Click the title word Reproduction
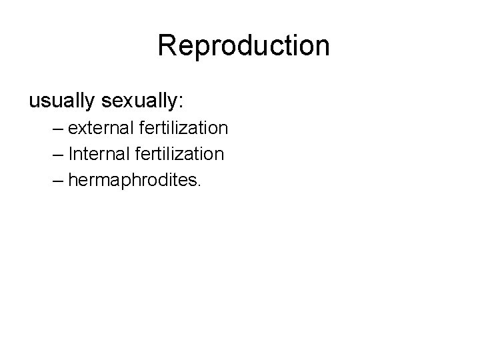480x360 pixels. coord(243,46)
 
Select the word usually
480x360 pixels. coord(63,101)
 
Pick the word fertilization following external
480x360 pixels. coord(181,127)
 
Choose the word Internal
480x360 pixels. coord(97,154)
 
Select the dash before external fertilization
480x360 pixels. coord(57,128)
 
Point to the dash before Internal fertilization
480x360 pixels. coord(57,155)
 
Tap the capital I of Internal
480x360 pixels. coord(71,154)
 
